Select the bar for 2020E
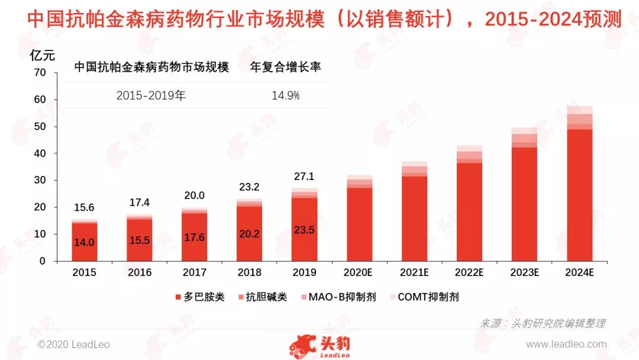359,222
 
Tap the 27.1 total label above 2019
304,177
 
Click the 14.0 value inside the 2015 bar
84,242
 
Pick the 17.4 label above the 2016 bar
140,203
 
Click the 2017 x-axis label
194,273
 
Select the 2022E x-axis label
469,273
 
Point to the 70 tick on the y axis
40,73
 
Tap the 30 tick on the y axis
40,180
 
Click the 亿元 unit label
42,56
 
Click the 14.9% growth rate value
286,95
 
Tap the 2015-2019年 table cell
151,95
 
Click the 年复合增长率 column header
286,67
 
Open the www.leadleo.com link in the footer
566,344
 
